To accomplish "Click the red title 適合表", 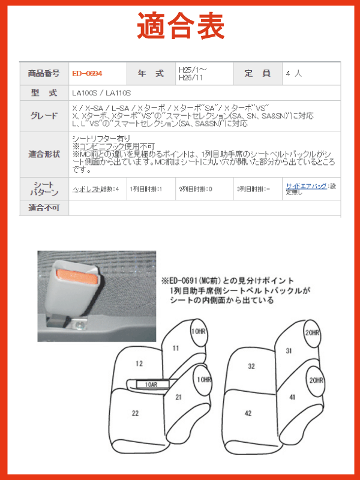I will click(181, 25).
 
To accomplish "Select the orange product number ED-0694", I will click(87, 74).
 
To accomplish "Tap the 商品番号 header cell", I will click(44, 74).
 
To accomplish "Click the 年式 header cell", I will click(151, 74).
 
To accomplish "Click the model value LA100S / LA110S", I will click(101, 93).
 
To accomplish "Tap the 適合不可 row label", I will click(44, 208).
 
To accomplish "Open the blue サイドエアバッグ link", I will click(306, 186).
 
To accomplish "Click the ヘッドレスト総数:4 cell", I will click(96, 189).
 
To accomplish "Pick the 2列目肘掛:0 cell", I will click(196, 189).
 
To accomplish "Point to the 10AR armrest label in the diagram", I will click(151, 384).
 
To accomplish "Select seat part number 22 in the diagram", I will click(135, 413).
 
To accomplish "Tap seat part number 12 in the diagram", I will click(139, 364).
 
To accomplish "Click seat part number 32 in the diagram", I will click(251, 366).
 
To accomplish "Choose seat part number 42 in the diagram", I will click(248, 413).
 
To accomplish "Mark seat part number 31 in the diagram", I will click(289, 351).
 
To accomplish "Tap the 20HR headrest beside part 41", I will click(316, 380).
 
